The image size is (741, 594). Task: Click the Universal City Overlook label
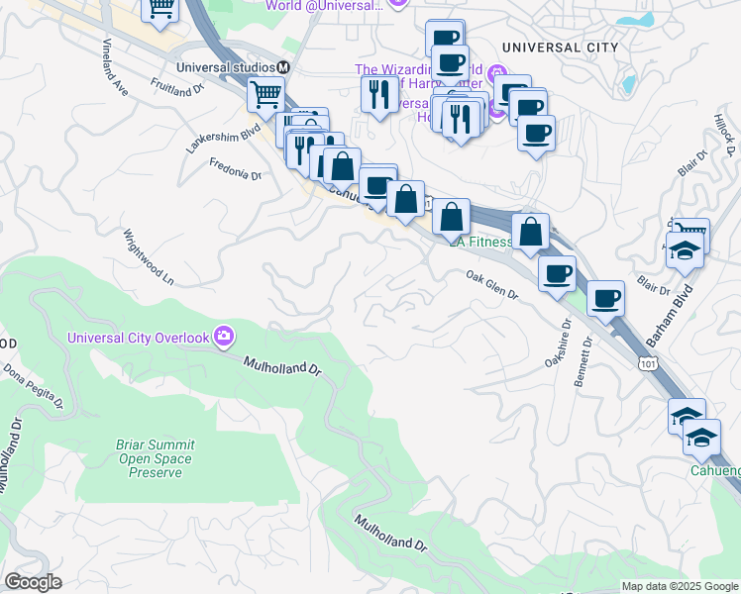(138, 338)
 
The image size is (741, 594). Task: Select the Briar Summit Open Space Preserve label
(156, 458)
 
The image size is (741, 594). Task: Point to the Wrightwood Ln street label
(148, 258)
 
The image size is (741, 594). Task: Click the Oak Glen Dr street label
(493, 287)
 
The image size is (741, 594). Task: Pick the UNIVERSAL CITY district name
(560, 48)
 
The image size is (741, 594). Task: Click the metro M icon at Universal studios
(283, 67)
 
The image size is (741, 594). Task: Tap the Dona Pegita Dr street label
(33, 387)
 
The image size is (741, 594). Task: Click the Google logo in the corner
(33, 582)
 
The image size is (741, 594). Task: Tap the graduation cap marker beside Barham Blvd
(685, 249)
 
